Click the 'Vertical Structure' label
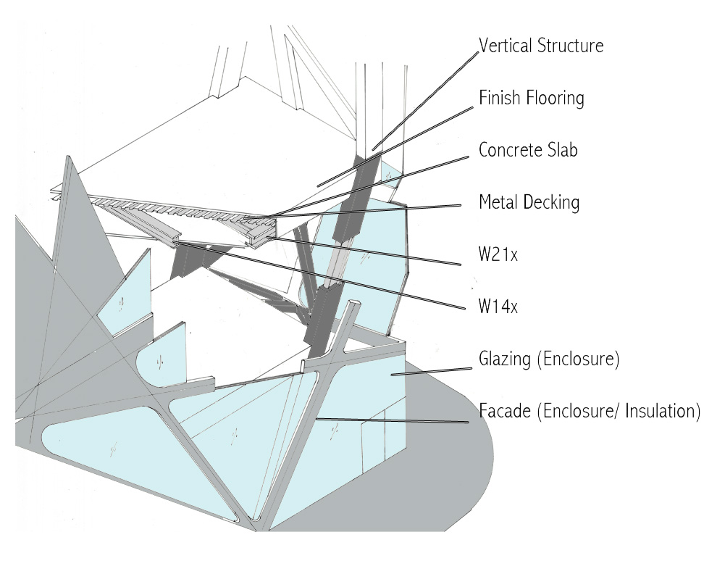(x=541, y=46)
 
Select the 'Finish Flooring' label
(x=531, y=97)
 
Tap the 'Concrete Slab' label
(x=528, y=150)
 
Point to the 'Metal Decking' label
(x=529, y=202)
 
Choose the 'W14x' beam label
(x=498, y=307)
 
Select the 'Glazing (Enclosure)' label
(x=548, y=359)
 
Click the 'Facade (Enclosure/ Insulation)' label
(x=590, y=412)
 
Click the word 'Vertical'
(x=505, y=46)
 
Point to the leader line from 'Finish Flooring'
(x=398, y=141)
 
